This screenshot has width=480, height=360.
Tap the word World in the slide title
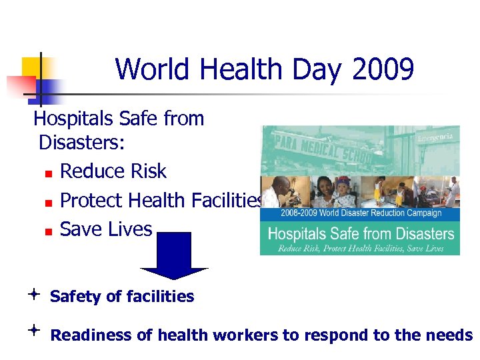click(151, 69)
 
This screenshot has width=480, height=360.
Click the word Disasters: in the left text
click(83, 143)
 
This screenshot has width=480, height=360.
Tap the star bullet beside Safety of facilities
click(33, 294)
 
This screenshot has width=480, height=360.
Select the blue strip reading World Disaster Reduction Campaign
click(360, 213)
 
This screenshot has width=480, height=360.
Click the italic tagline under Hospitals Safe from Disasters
click(360, 248)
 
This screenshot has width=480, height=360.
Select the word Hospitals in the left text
click(74, 119)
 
